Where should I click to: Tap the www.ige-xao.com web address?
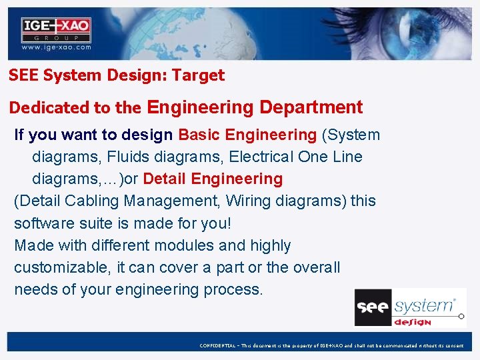[56, 47]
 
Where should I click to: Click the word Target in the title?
[198, 75]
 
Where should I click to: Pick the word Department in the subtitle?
[311, 107]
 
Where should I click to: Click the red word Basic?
[199, 135]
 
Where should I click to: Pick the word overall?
[315, 267]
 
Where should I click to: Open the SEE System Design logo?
[410, 307]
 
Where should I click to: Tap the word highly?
[271, 245]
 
